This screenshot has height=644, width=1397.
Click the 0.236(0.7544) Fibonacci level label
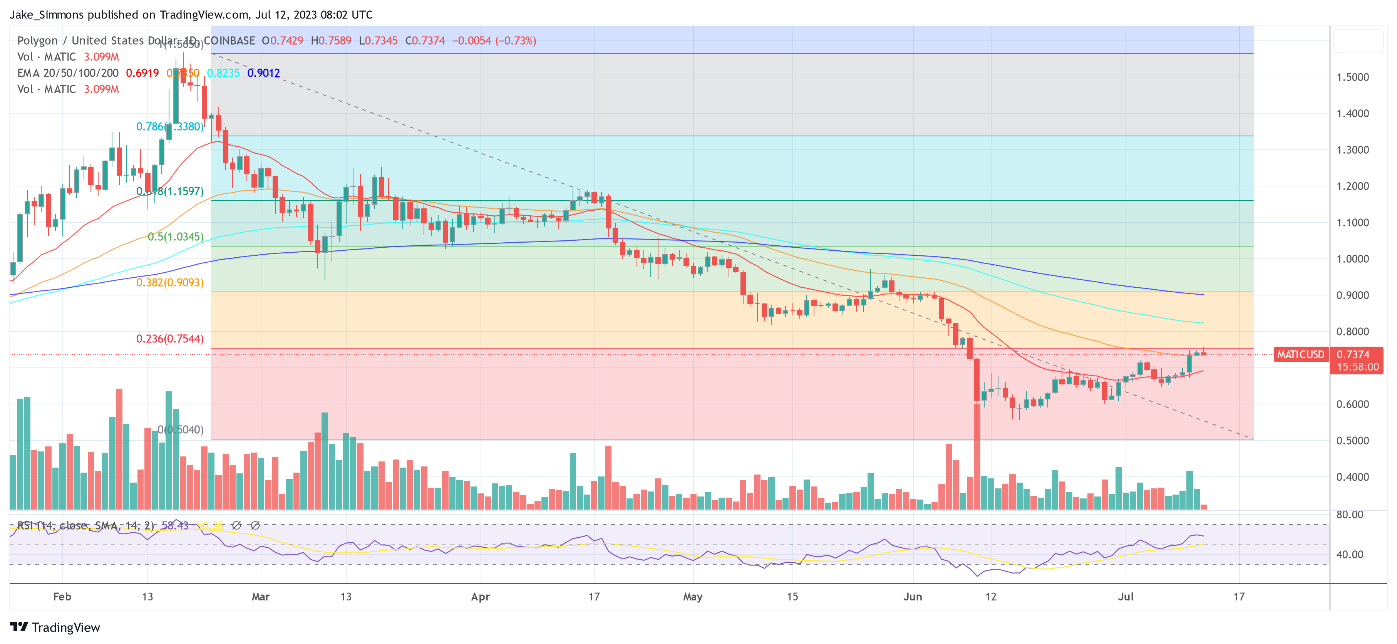(170, 339)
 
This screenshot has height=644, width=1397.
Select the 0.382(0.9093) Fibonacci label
(170, 283)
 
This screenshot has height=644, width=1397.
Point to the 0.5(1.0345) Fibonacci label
(176, 237)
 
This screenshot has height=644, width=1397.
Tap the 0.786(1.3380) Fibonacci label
(170, 126)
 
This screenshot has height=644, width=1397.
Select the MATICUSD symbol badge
(1300, 354)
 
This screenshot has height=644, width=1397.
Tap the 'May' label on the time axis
(693, 597)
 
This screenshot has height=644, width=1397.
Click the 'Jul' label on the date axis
(1125, 597)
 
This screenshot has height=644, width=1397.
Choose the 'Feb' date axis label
(62, 597)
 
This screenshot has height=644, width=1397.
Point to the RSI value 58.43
(175, 526)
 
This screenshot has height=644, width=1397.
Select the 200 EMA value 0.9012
(263, 73)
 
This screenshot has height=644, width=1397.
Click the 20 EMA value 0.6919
(142, 73)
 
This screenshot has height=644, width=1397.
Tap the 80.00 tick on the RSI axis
(1349, 514)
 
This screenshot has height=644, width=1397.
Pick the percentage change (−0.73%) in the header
(515, 41)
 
